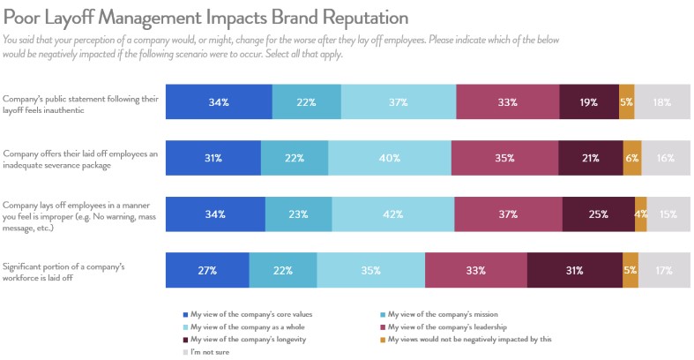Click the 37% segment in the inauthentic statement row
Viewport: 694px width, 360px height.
pyautogui.click(x=398, y=102)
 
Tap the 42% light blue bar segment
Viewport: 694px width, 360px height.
pyautogui.click(x=392, y=214)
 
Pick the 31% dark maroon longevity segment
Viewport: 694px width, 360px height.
pyautogui.click(x=573, y=270)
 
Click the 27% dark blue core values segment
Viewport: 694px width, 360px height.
pyautogui.click(x=207, y=270)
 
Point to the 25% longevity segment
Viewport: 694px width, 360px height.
pyautogui.click(x=597, y=214)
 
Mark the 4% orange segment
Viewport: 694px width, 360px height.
pyautogui.click(x=640, y=214)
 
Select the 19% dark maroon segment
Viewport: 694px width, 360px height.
pyautogui.click(x=588, y=102)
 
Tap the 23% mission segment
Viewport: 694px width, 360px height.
pyautogui.click(x=298, y=214)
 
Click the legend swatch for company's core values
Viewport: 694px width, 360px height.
pyautogui.click(x=183, y=314)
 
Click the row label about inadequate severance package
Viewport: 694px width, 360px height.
pyautogui.click(x=80, y=158)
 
